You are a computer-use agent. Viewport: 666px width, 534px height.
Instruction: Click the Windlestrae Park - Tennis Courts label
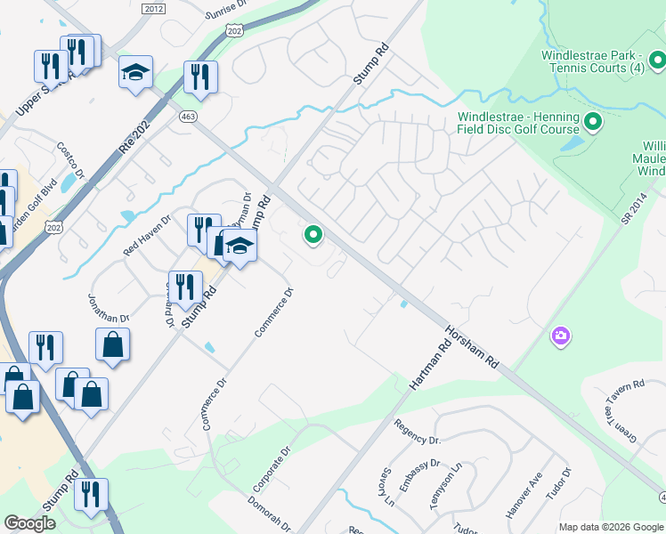(x=592, y=61)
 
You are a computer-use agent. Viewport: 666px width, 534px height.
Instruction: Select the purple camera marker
(x=561, y=336)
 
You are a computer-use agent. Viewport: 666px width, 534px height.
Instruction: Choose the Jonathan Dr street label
(x=110, y=307)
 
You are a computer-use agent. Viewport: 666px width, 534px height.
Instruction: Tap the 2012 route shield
(x=153, y=8)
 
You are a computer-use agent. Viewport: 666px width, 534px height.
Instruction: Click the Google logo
(x=29, y=523)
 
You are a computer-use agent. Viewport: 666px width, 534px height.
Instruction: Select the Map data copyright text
(x=610, y=526)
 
